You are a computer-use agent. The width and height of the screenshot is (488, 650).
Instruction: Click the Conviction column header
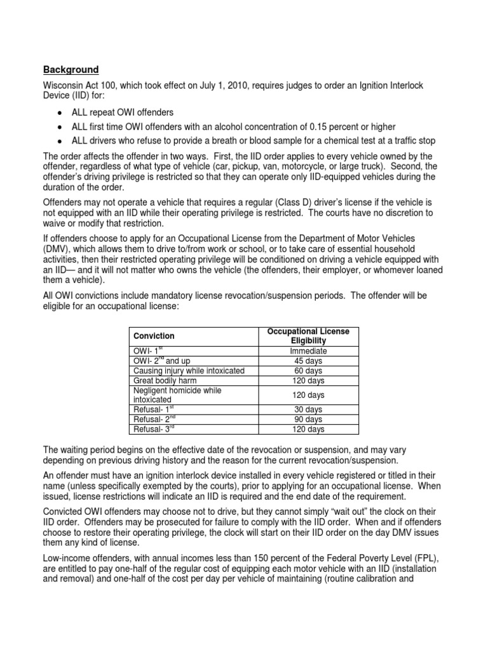[154, 336]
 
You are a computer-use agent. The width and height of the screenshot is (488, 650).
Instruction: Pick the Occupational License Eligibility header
[308, 336]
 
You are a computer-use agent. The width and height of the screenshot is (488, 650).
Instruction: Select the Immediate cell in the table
[308, 350]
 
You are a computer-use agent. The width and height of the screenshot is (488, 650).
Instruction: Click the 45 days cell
[308, 361]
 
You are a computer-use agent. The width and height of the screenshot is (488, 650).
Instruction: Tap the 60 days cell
[308, 371]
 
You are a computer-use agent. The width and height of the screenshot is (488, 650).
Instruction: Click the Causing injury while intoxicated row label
[189, 371]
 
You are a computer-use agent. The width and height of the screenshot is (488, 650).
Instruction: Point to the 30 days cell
[308, 409]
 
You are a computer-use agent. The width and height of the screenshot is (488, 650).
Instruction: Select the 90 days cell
[308, 420]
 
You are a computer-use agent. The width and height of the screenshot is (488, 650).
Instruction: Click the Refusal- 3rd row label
[154, 430]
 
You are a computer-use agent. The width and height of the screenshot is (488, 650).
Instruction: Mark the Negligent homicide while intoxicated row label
[177, 395]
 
